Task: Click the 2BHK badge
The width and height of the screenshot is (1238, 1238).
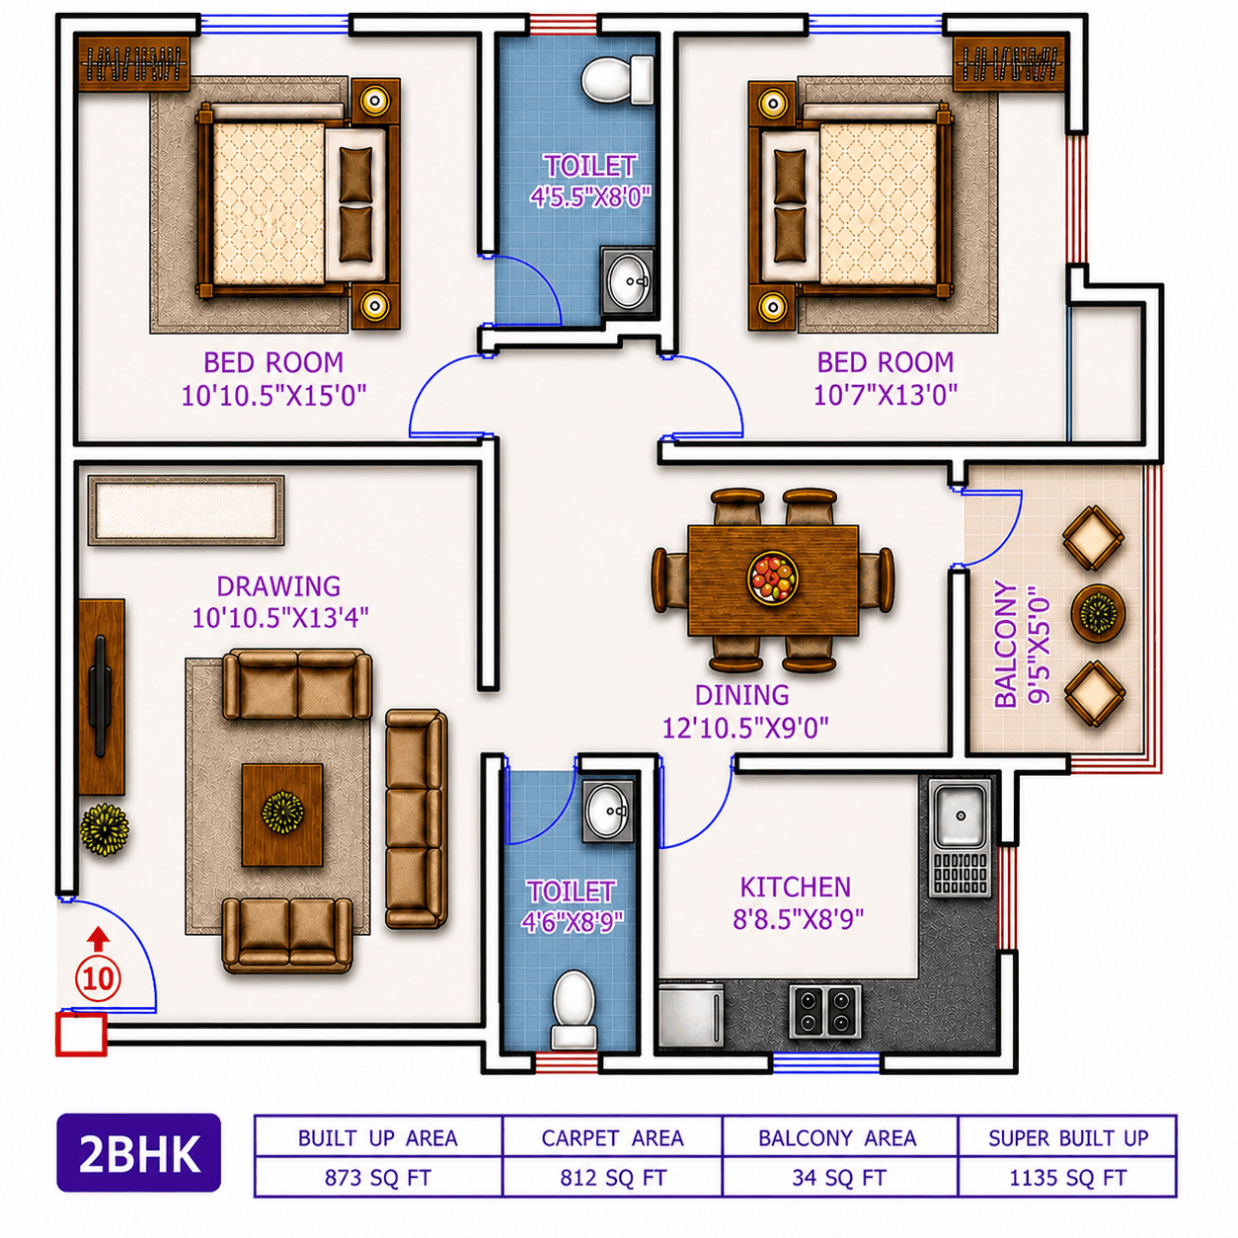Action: point(139,1152)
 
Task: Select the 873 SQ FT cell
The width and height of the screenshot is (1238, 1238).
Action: point(378,1178)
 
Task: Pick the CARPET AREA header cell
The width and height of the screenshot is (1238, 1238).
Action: point(612,1137)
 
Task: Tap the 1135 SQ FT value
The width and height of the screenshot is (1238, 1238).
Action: point(1068,1178)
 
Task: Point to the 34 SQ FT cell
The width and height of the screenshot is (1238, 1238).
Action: point(840,1178)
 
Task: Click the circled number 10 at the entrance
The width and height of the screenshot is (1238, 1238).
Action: point(99,979)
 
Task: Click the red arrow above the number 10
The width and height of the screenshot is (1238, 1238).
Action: point(98,939)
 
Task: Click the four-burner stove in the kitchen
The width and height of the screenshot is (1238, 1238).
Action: point(825,1011)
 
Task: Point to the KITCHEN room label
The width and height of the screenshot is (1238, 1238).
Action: point(796,888)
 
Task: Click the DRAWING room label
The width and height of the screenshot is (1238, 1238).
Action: point(278,585)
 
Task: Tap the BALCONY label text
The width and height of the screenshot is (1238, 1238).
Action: point(1005,644)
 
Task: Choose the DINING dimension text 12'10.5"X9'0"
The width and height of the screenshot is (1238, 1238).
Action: point(745,728)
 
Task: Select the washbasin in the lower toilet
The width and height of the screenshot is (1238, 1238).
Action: point(608,812)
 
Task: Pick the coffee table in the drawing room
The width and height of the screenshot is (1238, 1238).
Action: point(282,814)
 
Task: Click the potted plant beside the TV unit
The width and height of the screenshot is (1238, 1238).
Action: point(104,828)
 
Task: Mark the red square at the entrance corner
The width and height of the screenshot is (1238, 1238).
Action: point(81,1035)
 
